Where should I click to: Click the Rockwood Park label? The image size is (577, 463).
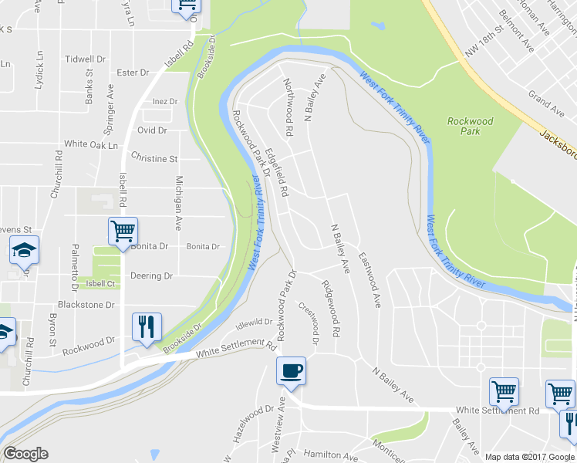(470, 126)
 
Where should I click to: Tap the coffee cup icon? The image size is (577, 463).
(292, 371)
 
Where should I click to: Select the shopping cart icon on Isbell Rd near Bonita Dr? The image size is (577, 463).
(123, 231)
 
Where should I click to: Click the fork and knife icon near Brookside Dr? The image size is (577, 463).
(146, 326)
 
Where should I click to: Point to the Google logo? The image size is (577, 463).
(25, 454)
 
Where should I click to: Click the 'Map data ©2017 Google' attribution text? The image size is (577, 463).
(530, 457)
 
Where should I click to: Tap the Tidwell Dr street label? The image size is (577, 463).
(85, 59)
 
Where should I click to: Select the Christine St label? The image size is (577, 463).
(154, 158)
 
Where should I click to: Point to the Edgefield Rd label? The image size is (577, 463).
(276, 171)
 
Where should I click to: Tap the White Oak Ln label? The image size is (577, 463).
(91, 144)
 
